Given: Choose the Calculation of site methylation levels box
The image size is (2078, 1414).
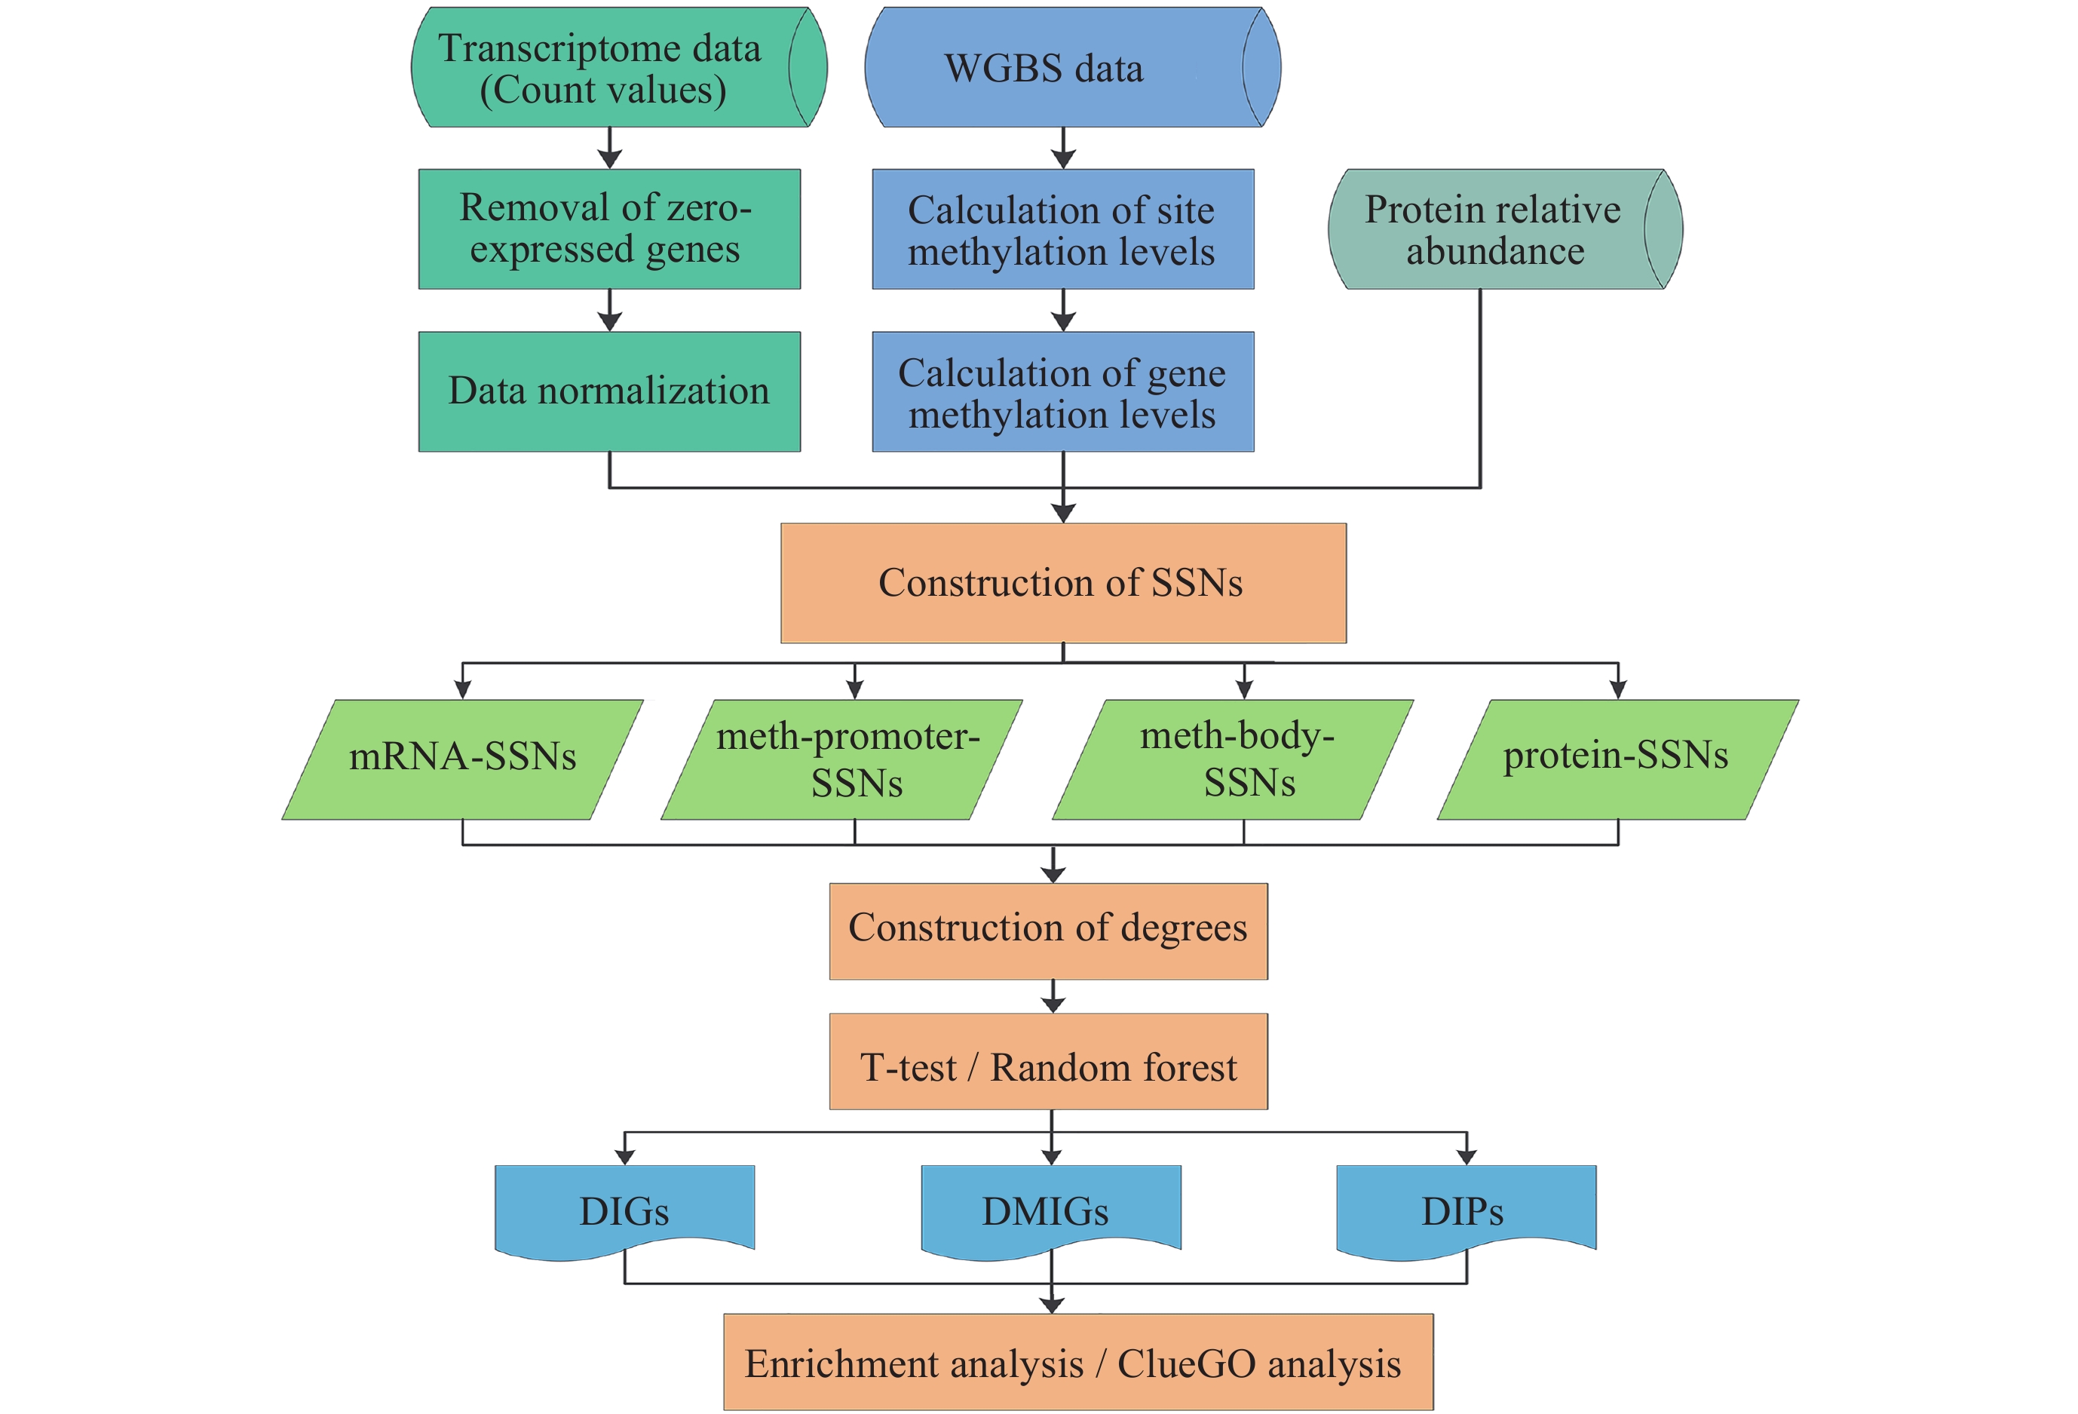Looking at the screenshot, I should click(1062, 230).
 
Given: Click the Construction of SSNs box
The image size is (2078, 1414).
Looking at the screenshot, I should click(1062, 583).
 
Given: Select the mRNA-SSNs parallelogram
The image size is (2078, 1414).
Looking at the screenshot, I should click(462, 759).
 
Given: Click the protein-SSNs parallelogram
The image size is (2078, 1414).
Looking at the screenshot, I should click(1617, 759).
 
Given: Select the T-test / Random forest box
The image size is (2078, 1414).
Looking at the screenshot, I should click(1048, 1062).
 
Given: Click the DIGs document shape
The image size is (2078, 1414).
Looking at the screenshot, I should click(624, 1209).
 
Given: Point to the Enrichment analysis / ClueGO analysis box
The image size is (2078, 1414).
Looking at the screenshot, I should click(1077, 1362).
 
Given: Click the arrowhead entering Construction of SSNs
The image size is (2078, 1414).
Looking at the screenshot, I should click(1063, 514).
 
